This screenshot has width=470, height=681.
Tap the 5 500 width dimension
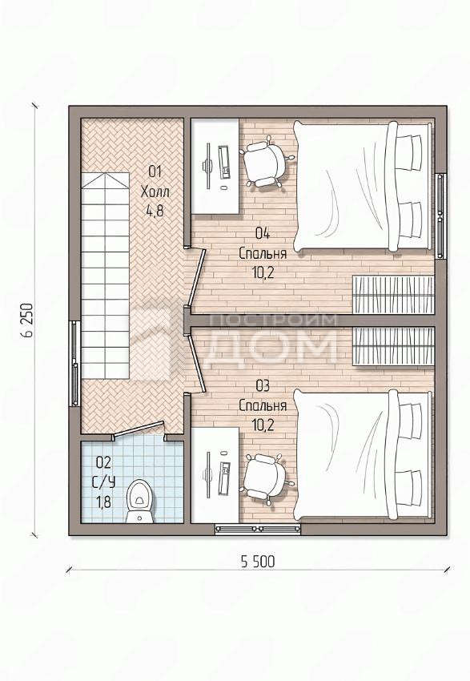point(258,562)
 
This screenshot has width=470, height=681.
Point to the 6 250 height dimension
point(26,320)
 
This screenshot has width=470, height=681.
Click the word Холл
point(155,191)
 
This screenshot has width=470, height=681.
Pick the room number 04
point(263,234)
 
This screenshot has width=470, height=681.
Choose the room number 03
point(263,385)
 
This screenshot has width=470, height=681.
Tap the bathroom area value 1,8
point(102,502)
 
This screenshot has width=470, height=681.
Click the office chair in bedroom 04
point(267,161)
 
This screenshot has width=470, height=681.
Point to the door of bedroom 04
point(197,276)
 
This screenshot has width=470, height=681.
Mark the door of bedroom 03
point(197,364)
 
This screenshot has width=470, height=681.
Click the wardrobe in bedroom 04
point(394,295)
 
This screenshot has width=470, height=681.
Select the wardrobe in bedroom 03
point(394,346)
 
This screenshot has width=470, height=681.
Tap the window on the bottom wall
point(258,529)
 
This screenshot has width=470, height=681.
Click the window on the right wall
point(441,216)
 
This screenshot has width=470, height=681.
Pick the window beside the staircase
point(74,364)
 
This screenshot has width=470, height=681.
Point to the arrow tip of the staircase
point(106,174)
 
